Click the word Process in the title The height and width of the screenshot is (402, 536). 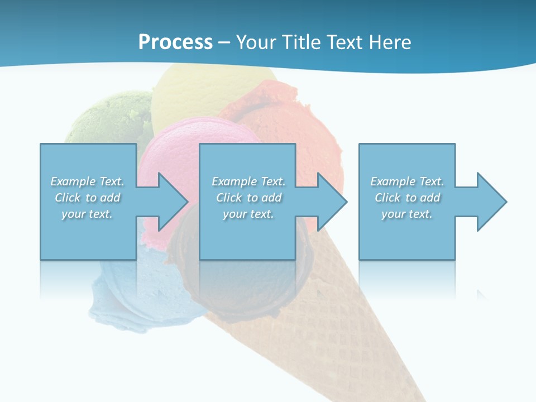(x=175, y=42)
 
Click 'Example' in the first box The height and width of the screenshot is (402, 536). (x=73, y=181)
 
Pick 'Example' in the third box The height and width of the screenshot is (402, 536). (x=393, y=181)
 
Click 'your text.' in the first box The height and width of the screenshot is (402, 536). (x=87, y=214)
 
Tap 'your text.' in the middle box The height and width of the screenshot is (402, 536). (x=248, y=214)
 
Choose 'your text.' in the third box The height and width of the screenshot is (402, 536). (x=407, y=214)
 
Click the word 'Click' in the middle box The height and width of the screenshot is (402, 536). (x=229, y=198)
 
